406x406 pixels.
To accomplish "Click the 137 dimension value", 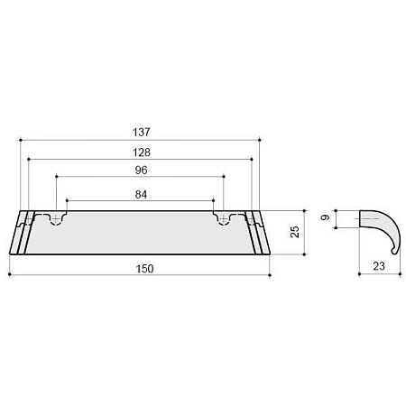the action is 141,132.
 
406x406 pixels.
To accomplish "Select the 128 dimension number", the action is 142,152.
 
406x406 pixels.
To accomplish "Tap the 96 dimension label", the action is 141,171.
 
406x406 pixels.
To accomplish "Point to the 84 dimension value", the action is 141,195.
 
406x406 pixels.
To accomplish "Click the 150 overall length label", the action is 144,269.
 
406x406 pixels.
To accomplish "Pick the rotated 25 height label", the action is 295,232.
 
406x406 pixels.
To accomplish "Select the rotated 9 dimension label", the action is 325,217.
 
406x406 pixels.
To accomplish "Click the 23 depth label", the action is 379,266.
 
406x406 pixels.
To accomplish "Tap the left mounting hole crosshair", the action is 56,219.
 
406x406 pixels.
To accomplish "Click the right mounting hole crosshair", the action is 224,219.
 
